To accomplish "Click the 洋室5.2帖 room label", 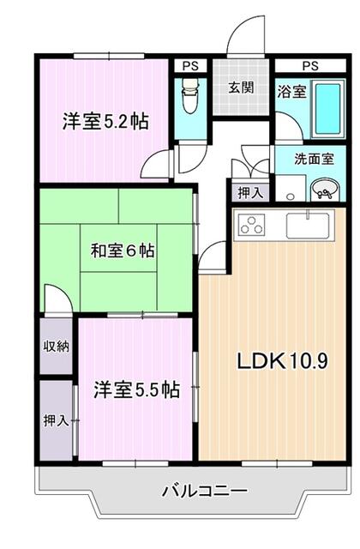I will tap(105, 121).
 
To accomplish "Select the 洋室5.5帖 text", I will tap(136, 390).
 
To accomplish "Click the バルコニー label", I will tap(204, 492).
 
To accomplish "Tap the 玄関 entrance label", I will tap(240, 87).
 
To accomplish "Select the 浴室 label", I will tap(290, 92).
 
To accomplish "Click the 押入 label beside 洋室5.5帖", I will tap(57, 421).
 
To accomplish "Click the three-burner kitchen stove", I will tap(252, 225).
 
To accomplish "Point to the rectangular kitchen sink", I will tap(306, 226).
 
